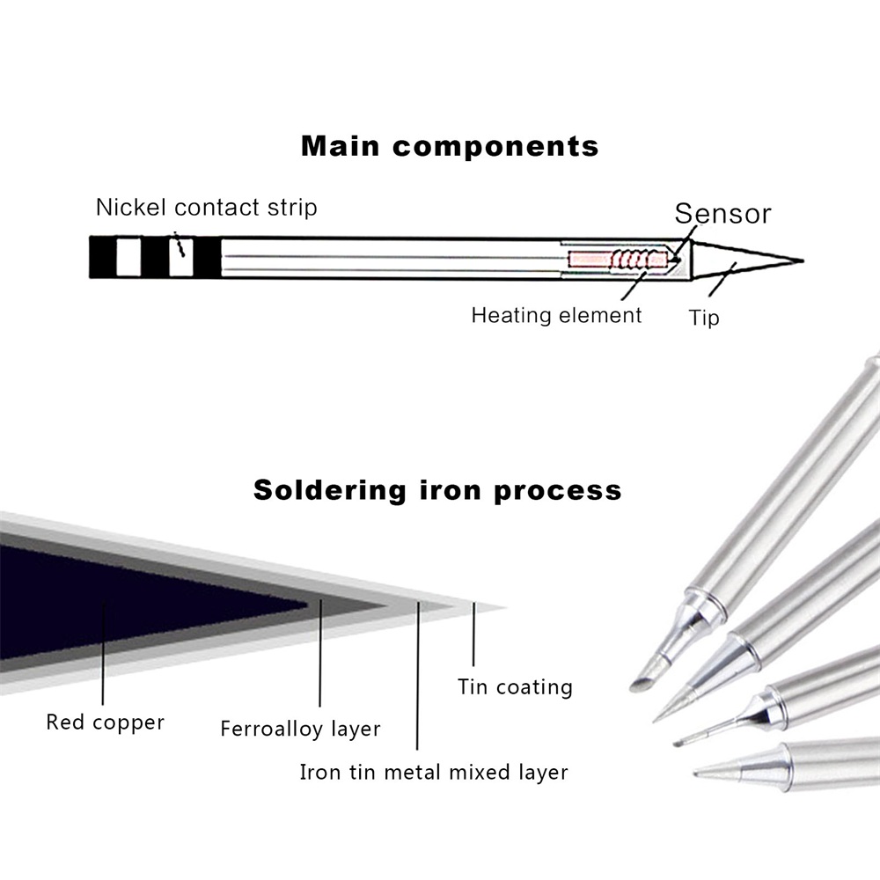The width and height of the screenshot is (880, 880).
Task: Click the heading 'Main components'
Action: click(x=450, y=145)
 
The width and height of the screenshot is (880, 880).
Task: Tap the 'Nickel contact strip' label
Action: click(x=207, y=208)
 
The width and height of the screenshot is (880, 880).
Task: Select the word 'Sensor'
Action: click(x=722, y=213)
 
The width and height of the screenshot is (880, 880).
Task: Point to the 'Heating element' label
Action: click(x=556, y=314)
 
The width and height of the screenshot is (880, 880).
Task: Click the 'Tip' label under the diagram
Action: click(x=703, y=318)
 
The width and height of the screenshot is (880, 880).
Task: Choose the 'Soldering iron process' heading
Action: click(x=437, y=489)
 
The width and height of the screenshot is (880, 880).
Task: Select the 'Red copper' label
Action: click(x=105, y=723)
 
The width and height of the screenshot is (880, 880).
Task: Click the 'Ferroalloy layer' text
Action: click(x=300, y=730)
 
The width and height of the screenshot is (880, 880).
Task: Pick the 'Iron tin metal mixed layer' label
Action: click(x=434, y=773)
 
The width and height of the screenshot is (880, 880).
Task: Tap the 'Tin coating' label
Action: click(x=515, y=686)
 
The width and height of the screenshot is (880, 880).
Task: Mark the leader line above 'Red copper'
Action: click(x=104, y=651)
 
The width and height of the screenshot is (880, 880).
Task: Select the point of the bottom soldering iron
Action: click(x=698, y=774)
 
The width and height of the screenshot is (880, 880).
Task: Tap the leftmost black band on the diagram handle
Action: click(x=103, y=257)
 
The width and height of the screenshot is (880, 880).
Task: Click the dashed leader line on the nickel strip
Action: click(x=180, y=245)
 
